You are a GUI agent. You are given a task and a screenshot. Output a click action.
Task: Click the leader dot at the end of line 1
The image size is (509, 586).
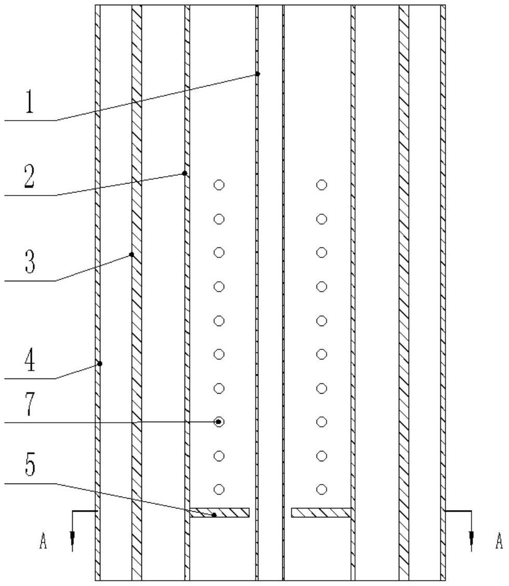[x=258, y=74]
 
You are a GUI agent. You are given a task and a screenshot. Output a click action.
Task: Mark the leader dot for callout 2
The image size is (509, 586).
[x=184, y=173]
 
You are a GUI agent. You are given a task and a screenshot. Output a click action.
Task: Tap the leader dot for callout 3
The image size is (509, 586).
[x=132, y=255]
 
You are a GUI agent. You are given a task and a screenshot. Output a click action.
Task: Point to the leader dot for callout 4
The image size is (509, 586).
[x=100, y=363]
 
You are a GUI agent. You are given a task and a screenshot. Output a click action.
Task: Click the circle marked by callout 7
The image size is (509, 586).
[x=219, y=422]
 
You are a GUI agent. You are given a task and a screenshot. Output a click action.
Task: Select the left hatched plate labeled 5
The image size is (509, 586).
[x=219, y=513]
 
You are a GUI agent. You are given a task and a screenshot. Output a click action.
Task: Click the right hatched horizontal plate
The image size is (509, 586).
[x=321, y=513]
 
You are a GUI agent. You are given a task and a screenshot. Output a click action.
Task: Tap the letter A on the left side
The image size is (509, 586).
[x=44, y=543]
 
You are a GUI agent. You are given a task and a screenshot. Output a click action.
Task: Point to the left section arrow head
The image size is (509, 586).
[x=72, y=542]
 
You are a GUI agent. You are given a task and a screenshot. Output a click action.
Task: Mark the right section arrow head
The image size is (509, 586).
[x=471, y=542]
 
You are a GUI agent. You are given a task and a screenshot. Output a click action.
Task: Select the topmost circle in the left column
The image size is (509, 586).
[x=219, y=185]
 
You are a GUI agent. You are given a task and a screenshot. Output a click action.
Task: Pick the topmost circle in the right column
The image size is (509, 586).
[x=322, y=185]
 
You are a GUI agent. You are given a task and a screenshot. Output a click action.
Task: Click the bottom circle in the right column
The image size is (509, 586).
[x=322, y=489]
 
